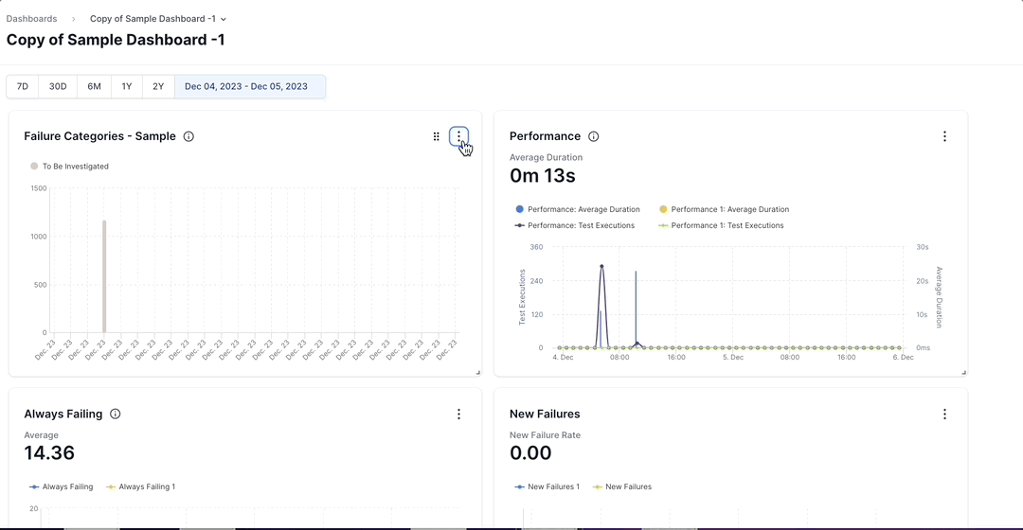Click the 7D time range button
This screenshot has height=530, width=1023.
point(23,86)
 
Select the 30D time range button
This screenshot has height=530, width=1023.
point(58,86)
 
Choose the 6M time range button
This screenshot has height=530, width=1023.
point(95,86)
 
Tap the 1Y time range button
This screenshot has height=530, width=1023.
point(127,86)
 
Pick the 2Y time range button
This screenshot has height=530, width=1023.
point(158,86)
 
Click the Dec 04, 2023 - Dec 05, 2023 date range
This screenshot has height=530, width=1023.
point(246,86)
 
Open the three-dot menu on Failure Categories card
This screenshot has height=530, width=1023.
point(459,136)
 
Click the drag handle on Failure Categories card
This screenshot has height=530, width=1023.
point(437,136)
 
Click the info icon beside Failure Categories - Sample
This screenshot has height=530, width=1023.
point(188,136)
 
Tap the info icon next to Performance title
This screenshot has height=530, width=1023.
point(594,136)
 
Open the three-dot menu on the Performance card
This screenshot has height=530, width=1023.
point(944,136)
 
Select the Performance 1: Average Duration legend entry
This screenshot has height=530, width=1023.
point(724,209)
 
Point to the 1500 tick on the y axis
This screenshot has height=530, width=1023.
point(38,188)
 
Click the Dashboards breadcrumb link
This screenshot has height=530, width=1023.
point(31,19)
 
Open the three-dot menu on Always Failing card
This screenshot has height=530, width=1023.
point(459,414)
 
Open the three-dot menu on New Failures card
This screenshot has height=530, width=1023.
point(944,414)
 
